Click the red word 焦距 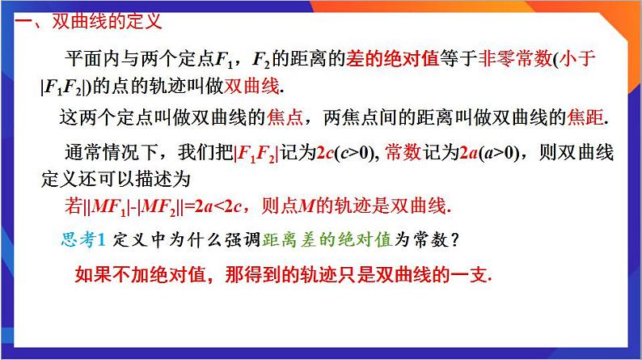point(587,116)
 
